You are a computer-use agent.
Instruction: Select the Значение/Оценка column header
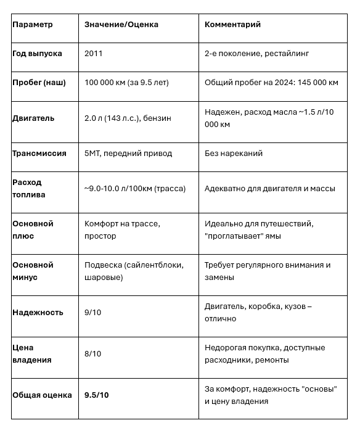coord(121,25)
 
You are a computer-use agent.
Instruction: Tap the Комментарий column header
coord(232,25)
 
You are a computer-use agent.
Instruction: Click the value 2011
coord(94,54)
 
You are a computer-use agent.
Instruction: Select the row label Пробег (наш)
coord(39,82)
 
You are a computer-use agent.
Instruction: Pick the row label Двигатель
coord(33,118)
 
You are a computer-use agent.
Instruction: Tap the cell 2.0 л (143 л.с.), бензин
coord(128,118)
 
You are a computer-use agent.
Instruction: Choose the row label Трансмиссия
coord(39,153)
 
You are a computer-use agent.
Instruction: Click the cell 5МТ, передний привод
coord(128,153)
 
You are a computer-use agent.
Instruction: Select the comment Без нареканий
coord(233,153)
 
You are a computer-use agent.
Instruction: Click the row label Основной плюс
coord(33,229)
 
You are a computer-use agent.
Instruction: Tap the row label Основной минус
coord(33,271)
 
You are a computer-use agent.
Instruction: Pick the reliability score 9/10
coord(93,312)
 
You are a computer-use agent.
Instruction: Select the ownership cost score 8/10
coord(93,353)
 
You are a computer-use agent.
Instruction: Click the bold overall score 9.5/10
coord(97,395)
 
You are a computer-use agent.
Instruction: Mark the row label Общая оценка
coord(42,395)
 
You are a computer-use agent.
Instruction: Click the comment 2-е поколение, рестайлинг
coord(256,54)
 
